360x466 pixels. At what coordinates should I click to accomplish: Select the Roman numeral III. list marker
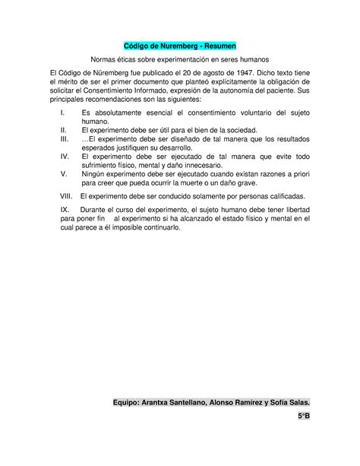pyautogui.click(x=64, y=139)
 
